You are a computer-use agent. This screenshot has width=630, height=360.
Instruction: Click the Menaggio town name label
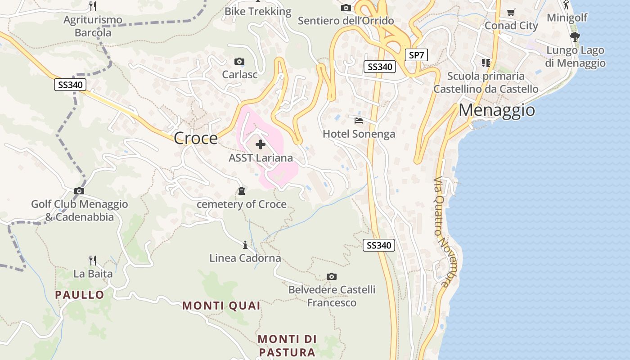click(x=497, y=110)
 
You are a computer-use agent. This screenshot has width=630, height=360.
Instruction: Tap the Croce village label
click(x=195, y=138)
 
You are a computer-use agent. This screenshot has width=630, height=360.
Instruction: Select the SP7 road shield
click(x=416, y=55)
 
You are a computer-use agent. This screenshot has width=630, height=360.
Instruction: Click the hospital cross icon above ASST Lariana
click(x=260, y=144)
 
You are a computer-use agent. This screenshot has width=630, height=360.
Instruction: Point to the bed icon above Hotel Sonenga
click(x=359, y=121)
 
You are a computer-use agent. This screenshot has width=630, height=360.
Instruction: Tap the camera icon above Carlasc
click(x=239, y=61)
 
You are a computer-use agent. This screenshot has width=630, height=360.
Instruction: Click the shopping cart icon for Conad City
click(x=511, y=13)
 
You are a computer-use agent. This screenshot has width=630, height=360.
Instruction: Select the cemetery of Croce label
click(x=242, y=204)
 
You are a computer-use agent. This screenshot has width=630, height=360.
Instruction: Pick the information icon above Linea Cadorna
click(x=245, y=245)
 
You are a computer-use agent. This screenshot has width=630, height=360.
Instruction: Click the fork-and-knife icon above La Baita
click(x=93, y=260)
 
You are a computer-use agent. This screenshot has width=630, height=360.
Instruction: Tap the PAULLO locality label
click(x=80, y=295)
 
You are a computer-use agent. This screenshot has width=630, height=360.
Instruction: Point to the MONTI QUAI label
click(x=221, y=306)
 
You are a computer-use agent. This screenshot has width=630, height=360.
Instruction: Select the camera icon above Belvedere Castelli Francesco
click(x=332, y=276)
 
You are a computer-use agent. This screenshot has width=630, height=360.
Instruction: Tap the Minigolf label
click(x=567, y=18)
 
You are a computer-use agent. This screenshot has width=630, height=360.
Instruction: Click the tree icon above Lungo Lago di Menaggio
click(x=575, y=37)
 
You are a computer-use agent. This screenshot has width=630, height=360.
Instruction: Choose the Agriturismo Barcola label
click(x=93, y=26)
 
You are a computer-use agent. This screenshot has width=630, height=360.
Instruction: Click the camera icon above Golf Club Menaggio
click(x=79, y=191)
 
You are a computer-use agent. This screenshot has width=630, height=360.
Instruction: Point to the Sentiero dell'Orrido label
click(x=346, y=21)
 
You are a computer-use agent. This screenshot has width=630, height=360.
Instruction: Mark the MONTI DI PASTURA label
click(x=287, y=345)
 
